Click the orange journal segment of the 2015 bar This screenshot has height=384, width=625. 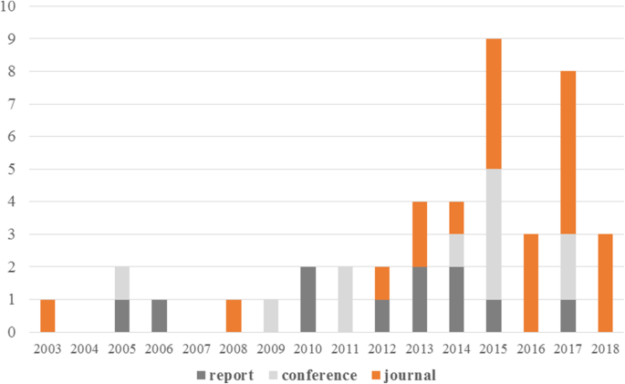[494, 103]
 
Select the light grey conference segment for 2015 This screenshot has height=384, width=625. [494, 234]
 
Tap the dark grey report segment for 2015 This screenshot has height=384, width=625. [494, 316]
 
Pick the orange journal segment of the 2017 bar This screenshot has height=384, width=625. [568, 152]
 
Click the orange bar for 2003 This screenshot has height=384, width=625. [47, 316]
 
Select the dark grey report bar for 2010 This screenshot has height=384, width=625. [307, 299]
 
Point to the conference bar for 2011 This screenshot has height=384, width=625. [345, 299]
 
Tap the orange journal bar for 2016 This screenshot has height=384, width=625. [530, 283]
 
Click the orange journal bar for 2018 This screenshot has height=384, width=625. [605, 283]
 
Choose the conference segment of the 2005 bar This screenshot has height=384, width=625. [122, 283]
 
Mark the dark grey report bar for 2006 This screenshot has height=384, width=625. [159, 316]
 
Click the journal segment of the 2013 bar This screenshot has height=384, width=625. [419, 234]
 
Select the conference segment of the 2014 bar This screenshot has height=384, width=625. [456, 250]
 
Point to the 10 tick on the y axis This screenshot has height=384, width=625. [15, 6]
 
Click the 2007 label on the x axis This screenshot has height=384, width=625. [196, 348]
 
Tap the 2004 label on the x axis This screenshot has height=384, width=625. [85, 348]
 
